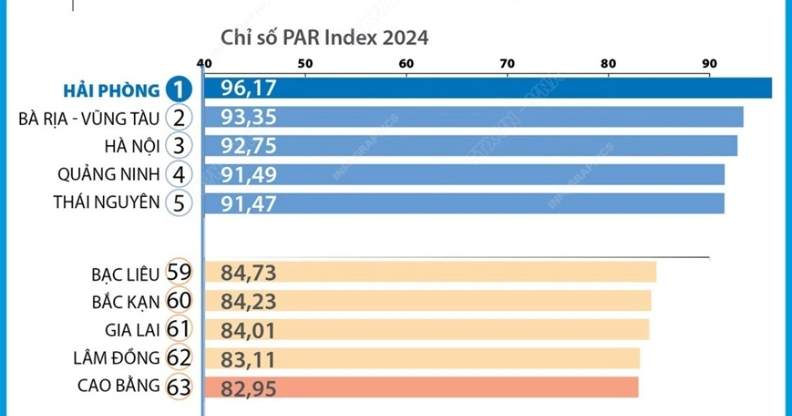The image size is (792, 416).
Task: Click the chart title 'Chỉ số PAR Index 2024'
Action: point(324,38)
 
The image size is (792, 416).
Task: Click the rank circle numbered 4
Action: point(179,175)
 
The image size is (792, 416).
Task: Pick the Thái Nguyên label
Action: point(107,203)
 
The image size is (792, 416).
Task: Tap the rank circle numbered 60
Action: point(179,301)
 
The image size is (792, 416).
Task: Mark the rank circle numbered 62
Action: point(179,358)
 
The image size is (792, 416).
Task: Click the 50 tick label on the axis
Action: point(305,64)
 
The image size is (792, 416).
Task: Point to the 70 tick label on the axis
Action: point(507,64)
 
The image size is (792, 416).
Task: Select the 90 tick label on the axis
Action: point(709,64)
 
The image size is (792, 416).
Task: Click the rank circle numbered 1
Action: point(179,90)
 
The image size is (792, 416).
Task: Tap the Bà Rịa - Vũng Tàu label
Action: point(89,118)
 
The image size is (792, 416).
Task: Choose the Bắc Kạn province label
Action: point(126,301)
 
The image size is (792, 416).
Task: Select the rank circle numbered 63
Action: point(179,386)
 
